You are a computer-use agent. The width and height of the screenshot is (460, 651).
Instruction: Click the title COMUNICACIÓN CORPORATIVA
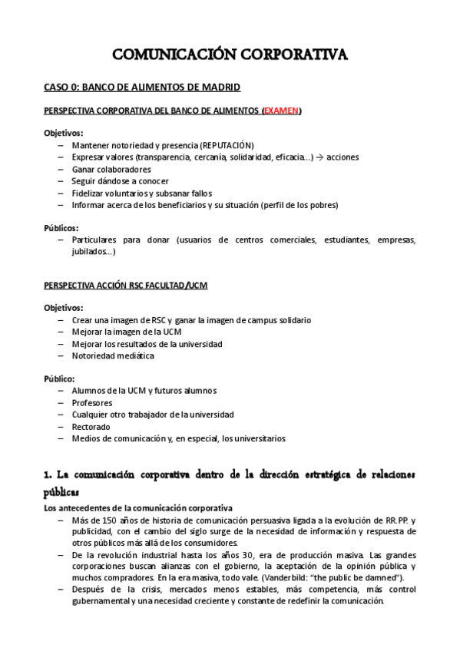tap(230, 55)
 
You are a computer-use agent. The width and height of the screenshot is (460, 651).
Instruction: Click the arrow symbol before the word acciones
tap(319, 157)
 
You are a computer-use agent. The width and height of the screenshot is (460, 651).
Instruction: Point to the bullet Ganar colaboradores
tap(111, 169)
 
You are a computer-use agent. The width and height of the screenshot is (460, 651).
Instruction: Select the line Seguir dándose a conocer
tap(120, 181)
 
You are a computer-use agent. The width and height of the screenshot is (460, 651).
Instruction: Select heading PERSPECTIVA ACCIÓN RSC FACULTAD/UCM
tap(125, 286)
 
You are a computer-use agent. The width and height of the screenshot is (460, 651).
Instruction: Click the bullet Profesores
tap(92, 403)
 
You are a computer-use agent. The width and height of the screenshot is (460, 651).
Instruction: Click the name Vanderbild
tap(290, 577)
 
